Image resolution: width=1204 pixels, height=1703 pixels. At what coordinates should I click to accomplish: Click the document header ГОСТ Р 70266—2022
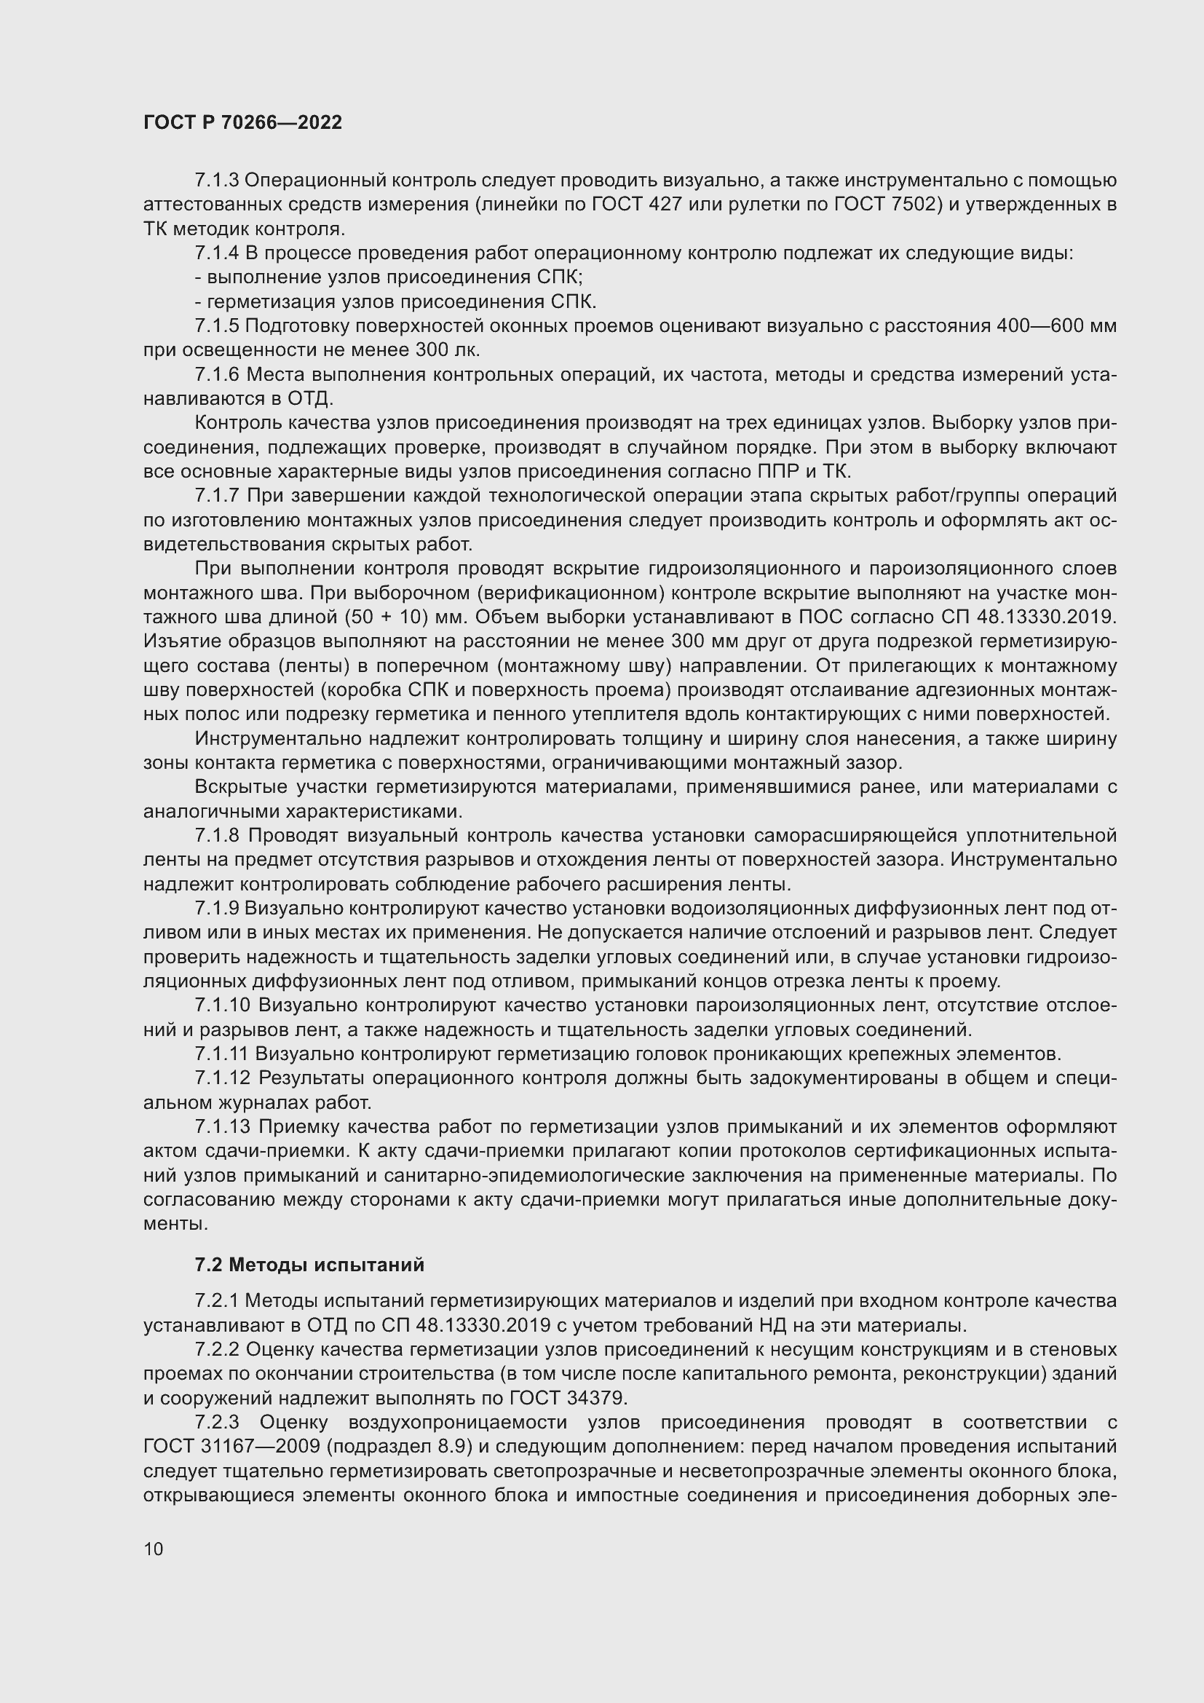pos(242,123)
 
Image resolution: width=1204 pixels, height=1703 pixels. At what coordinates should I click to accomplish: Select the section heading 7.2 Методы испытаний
pos(309,1265)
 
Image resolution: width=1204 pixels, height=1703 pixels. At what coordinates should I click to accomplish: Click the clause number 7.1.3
pos(216,181)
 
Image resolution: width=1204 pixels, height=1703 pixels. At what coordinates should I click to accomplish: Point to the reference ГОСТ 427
pos(637,205)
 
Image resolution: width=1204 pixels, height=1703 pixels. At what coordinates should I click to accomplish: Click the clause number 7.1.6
pos(216,374)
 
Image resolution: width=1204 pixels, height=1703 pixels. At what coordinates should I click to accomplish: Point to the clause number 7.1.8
pos(216,835)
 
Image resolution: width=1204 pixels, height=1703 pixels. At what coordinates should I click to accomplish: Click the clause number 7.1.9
pos(216,909)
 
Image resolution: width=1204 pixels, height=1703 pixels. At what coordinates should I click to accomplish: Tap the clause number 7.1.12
pos(222,1078)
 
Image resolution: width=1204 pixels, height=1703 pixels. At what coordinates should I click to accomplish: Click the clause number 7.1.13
pos(222,1126)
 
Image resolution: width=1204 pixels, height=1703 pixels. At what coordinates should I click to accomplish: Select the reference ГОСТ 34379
pos(568,1398)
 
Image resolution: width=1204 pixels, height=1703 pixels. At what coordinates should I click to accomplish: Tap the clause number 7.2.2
pos(216,1349)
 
